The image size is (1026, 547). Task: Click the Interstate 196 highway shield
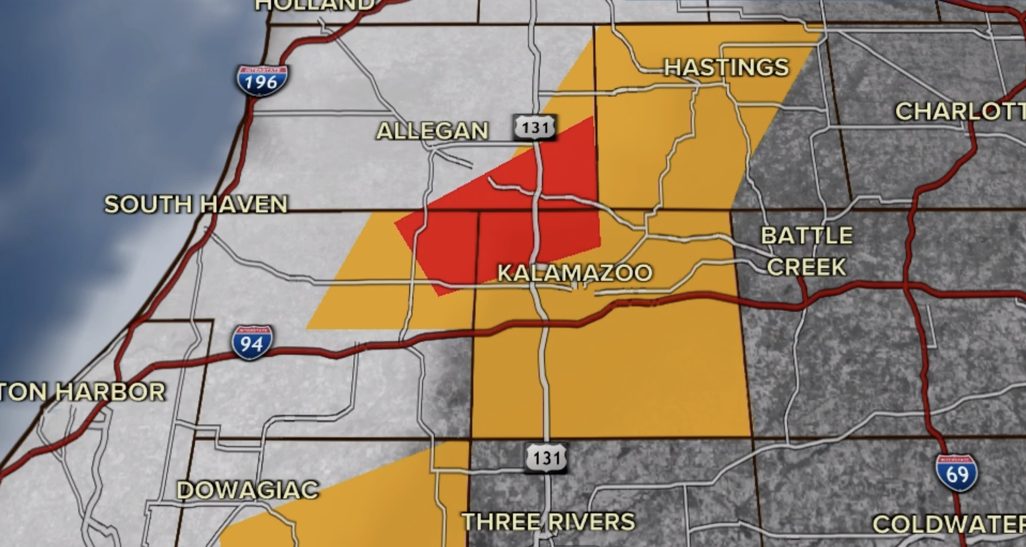(262, 80)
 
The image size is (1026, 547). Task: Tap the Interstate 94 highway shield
(252, 343)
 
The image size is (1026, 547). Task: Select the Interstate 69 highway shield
(957, 472)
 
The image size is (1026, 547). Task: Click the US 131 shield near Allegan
(535, 127)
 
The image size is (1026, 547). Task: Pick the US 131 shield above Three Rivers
(546, 458)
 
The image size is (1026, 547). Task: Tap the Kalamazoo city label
(575, 273)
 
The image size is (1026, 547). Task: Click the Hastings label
(726, 67)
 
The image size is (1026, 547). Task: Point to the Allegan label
(432, 131)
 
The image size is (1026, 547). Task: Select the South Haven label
(196, 204)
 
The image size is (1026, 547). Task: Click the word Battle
(807, 235)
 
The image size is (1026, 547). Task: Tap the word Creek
(807, 267)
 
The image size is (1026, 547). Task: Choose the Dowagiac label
(247, 490)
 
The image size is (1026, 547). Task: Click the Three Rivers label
(548, 522)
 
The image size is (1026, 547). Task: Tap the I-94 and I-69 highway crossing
(909, 287)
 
